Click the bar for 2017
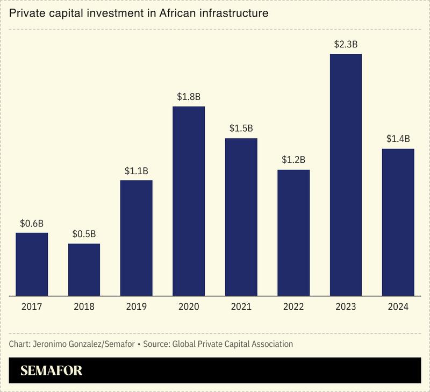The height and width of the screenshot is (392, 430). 32,264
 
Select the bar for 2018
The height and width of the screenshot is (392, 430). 84,269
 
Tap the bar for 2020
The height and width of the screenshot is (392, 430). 189,201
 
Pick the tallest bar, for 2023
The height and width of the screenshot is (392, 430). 346,175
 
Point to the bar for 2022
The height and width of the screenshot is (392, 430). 293,232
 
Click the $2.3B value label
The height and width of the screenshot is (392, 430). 346,45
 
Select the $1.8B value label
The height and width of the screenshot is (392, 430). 189,97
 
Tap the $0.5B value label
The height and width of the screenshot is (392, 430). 84,234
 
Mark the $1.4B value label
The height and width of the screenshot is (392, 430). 398,139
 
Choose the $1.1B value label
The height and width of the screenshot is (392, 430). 137,170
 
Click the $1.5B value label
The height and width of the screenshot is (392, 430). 241,129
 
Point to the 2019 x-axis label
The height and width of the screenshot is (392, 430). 137,307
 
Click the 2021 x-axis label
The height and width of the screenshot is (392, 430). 241,307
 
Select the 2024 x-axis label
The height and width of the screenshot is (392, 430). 398,307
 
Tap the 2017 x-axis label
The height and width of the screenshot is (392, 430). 32,307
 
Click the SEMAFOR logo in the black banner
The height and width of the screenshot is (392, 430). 51,371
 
